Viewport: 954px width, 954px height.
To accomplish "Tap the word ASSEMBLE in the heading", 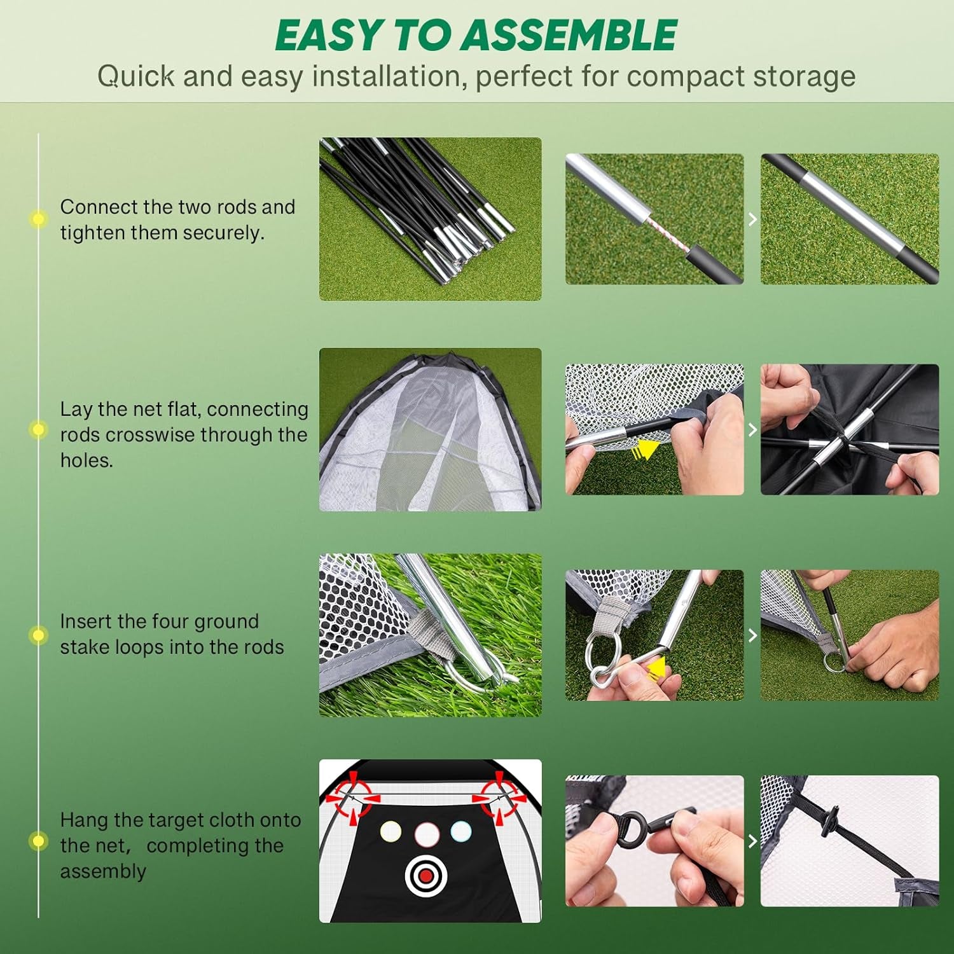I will tap(569, 36).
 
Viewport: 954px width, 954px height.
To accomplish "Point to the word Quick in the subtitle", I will tap(136, 76).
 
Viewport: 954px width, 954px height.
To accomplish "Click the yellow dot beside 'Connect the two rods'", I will tap(38, 219).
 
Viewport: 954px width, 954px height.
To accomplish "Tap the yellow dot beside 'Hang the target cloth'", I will tap(38, 841).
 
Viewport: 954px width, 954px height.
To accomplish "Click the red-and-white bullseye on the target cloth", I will tap(426, 876).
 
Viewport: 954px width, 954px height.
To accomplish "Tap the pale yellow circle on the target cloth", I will tap(391, 831).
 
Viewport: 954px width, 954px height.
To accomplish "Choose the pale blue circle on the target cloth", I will tap(460, 831).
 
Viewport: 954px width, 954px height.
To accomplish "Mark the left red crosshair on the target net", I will tap(354, 796).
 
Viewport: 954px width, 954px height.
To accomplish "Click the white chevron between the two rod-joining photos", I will tap(752, 219).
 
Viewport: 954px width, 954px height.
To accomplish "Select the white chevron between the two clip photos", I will tap(752, 841).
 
